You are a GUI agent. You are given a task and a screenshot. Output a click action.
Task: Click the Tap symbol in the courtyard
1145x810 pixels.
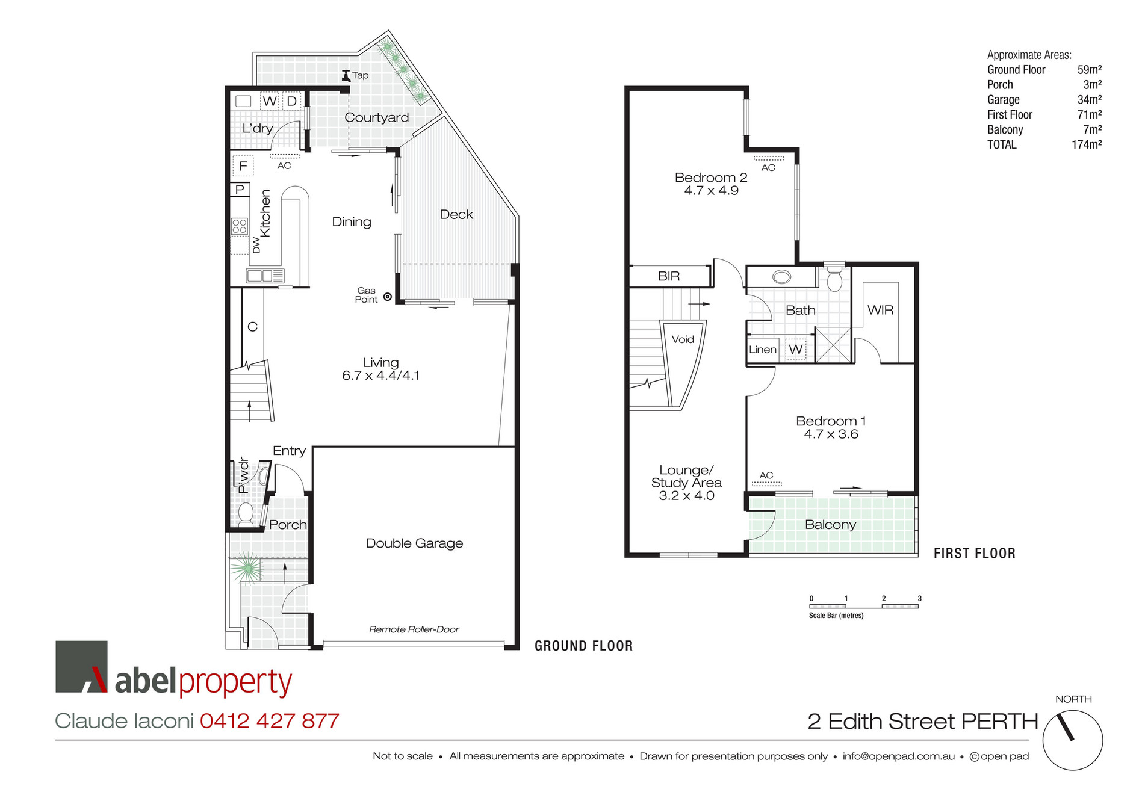(x=346, y=75)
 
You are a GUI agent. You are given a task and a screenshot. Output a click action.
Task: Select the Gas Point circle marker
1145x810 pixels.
(x=388, y=297)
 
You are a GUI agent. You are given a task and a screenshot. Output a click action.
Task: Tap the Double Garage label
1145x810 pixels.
(x=414, y=543)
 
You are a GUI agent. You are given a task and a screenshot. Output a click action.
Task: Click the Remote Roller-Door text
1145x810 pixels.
(x=414, y=629)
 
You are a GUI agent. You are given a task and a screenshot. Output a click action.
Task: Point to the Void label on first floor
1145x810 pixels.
(x=683, y=339)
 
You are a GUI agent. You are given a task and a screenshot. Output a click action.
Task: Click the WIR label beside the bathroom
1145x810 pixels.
(x=880, y=310)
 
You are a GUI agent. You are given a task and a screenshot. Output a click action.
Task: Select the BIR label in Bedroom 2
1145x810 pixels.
(x=669, y=276)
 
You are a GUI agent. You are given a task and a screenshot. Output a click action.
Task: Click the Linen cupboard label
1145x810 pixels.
(x=762, y=350)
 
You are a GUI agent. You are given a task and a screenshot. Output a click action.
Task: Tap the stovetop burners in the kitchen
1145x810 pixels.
(x=240, y=226)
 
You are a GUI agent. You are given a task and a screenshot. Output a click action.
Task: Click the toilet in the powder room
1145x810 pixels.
(x=246, y=515)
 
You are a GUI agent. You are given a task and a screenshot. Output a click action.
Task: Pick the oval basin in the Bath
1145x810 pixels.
(x=781, y=277)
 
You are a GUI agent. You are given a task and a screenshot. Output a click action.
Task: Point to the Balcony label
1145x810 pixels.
(x=830, y=525)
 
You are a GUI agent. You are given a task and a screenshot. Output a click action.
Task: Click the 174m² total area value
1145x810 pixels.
(x=1086, y=144)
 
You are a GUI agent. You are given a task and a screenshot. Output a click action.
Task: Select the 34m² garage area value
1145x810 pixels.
(x=1089, y=100)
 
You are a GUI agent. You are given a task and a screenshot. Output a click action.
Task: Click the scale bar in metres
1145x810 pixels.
(x=863, y=606)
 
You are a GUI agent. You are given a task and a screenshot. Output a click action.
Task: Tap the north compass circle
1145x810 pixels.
(x=1072, y=740)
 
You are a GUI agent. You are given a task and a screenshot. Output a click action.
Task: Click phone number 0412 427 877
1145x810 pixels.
(x=270, y=721)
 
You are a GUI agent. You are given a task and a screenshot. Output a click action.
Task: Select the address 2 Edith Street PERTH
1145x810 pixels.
(x=922, y=722)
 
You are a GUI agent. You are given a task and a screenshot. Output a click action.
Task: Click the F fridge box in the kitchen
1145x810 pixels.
(x=243, y=166)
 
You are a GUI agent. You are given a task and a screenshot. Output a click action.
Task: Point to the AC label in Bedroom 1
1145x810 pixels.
(x=766, y=475)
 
